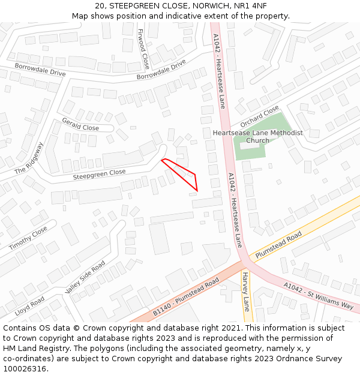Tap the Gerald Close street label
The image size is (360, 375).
click(80, 124)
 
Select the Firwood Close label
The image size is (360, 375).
click(143, 49)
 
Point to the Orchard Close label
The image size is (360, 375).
click(259, 116)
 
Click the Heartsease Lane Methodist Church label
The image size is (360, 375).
click(258, 137)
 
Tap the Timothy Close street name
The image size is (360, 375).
click(28, 238)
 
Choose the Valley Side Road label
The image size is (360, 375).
click(85, 277)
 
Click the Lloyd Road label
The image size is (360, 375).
click(29, 305)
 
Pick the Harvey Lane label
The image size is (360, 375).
click(245, 291)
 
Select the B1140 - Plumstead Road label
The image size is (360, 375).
click(185, 298)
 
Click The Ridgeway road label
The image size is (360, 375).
click(29, 158)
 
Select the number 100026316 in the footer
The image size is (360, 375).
click(25, 368)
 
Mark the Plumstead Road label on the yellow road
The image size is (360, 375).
click(278, 247)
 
